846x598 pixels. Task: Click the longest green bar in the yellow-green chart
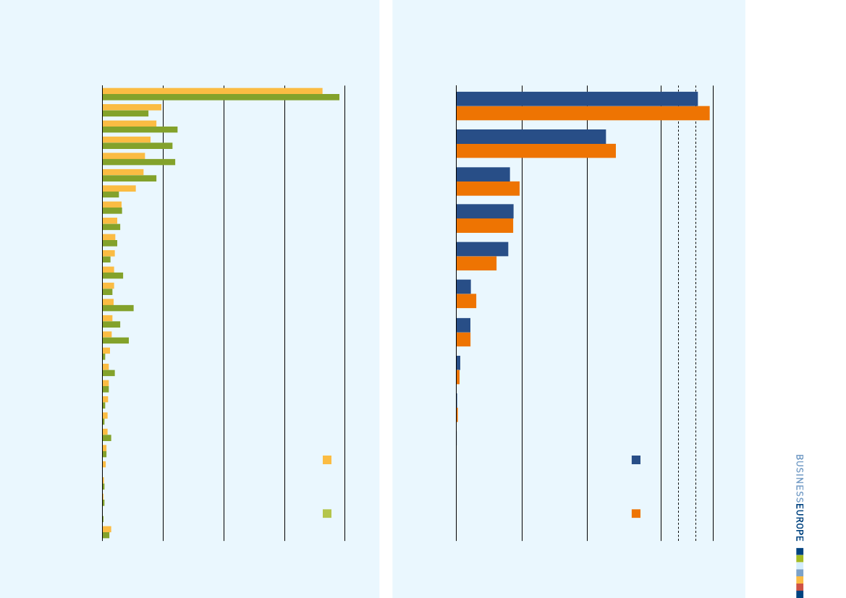tap(221, 97)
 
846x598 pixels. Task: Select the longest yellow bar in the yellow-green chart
tap(212, 91)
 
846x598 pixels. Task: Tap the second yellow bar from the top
tap(132, 107)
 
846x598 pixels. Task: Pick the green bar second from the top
tap(125, 114)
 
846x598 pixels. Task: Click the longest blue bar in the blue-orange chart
tap(577, 99)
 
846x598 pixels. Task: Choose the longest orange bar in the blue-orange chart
tap(583, 114)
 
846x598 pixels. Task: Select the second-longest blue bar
tap(530, 137)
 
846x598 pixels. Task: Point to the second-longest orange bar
tap(536, 150)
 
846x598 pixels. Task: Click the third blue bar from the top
tap(483, 174)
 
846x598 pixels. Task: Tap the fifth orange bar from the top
tap(476, 263)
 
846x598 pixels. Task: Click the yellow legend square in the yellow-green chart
tap(327, 460)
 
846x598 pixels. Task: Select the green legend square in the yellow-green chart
tap(327, 513)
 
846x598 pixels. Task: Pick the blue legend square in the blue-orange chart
tap(636, 460)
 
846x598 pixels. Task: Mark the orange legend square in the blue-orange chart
tap(636, 513)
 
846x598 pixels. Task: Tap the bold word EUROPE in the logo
tap(799, 518)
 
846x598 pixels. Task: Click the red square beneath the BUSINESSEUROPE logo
tap(800, 587)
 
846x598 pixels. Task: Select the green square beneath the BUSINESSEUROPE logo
tap(800, 558)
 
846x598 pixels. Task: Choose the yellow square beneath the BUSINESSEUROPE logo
tap(800, 580)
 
